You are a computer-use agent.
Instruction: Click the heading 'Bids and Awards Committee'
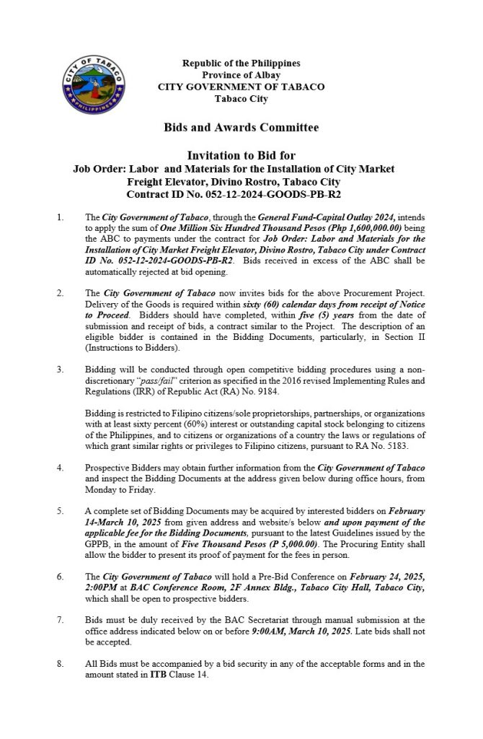pos(241,128)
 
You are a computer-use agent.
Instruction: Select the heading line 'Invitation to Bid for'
pos(241,155)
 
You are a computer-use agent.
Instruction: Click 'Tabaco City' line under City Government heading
pos(241,98)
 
